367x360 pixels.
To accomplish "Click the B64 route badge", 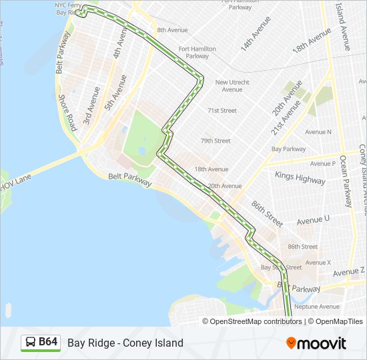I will (x=41, y=343).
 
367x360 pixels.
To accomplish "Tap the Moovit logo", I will (x=316, y=343).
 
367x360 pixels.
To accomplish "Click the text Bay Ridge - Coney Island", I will (x=125, y=343).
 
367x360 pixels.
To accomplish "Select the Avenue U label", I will (x=313, y=219).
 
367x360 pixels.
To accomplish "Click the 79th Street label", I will (x=216, y=141).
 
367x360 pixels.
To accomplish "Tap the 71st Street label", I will (x=222, y=111).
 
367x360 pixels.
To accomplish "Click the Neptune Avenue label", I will (x=318, y=307).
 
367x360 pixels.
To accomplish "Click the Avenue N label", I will (x=318, y=132).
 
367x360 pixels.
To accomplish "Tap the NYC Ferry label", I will (x=67, y=5).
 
